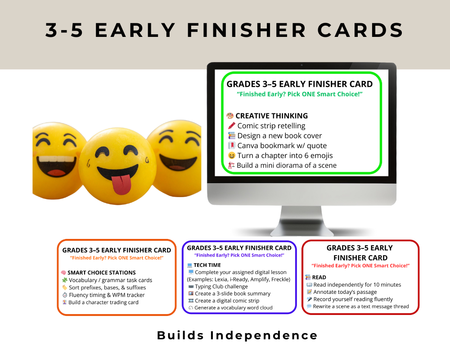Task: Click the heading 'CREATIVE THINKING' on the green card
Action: [271, 116]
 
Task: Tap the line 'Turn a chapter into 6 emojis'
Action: [285, 155]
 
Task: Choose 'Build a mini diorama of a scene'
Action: [286, 165]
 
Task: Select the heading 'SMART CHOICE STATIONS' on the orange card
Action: [101, 273]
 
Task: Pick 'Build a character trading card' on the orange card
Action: [103, 302]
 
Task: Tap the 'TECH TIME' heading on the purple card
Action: [207, 265]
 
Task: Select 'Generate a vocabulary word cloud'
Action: [234, 308]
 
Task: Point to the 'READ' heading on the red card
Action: [319, 277]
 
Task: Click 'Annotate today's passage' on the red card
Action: [345, 292]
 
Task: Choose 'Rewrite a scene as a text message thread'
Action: [361, 306]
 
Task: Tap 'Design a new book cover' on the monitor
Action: [279, 135]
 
